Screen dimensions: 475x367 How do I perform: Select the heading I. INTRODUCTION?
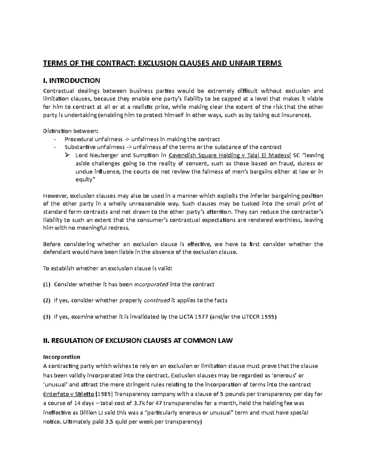pyautogui.click(x=72, y=81)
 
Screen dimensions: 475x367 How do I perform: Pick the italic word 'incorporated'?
pyautogui.click(x=151, y=284)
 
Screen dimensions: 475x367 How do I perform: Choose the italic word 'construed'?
pyautogui.click(x=157, y=301)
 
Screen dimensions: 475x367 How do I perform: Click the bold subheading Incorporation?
pyautogui.click(x=61, y=357)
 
